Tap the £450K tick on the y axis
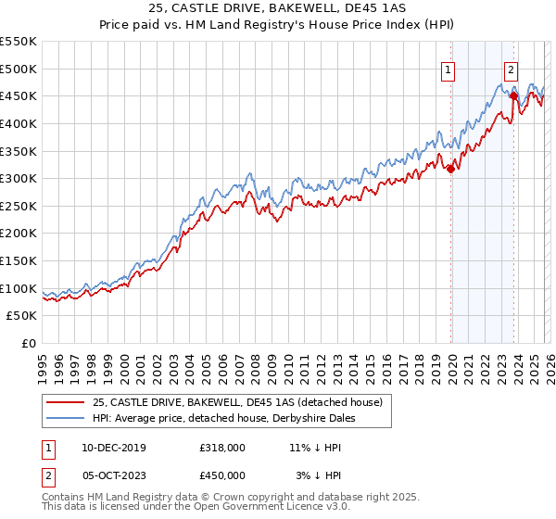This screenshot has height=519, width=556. (19, 96)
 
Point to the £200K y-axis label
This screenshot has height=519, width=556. (19, 234)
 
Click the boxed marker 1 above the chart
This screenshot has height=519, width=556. (449, 69)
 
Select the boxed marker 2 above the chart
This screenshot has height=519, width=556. (512, 69)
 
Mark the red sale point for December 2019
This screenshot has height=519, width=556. (450, 169)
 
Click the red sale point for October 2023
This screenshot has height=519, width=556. (512, 95)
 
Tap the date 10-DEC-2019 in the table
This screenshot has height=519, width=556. (107, 447)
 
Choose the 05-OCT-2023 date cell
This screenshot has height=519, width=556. (107, 476)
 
